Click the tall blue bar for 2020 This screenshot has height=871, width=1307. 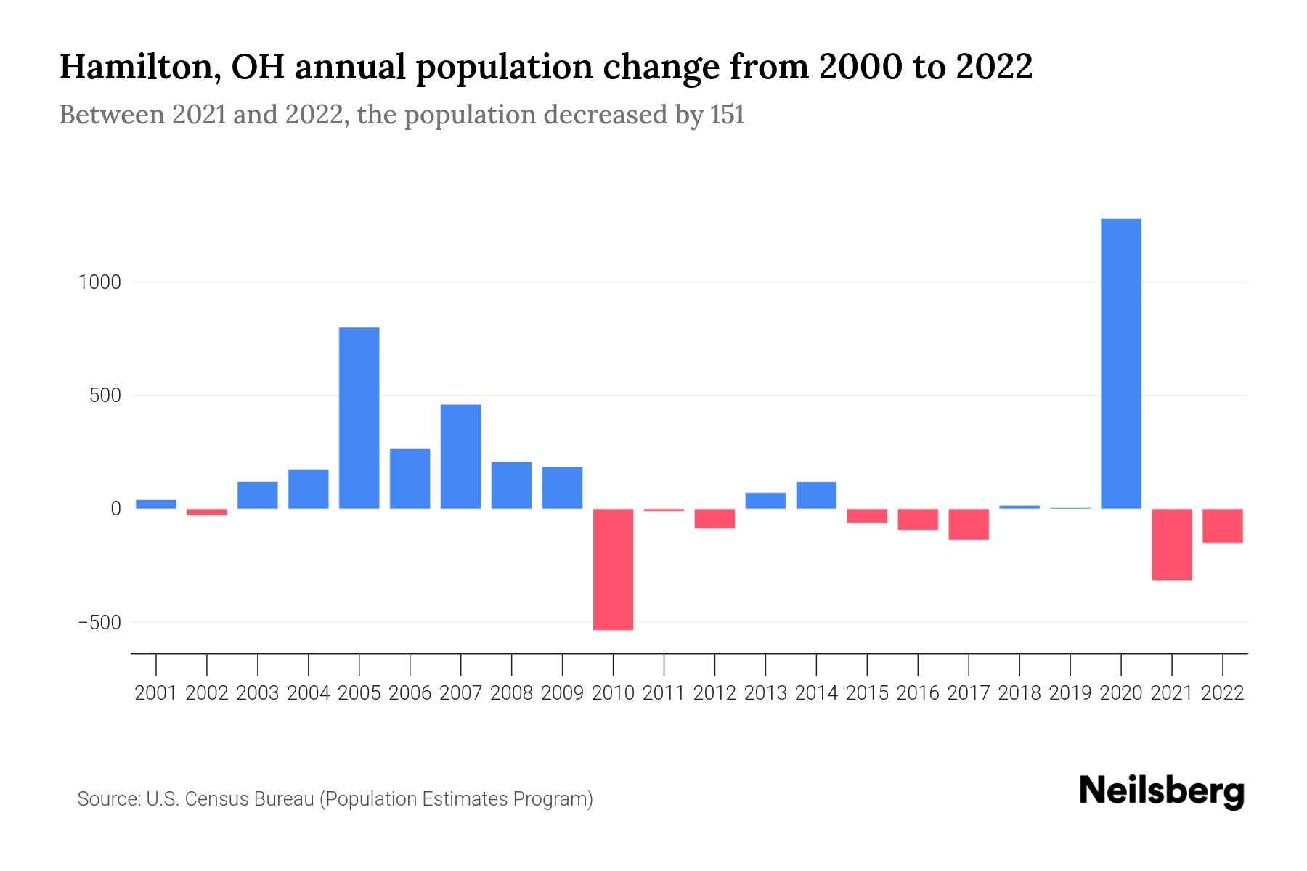pyautogui.click(x=1121, y=363)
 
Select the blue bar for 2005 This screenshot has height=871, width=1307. pyautogui.click(x=359, y=417)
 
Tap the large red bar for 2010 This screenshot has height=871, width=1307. pyautogui.click(x=613, y=569)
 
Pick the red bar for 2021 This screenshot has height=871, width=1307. pyautogui.click(x=1172, y=544)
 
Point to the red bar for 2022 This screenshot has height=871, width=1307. pyautogui.click(x=1223, y=526)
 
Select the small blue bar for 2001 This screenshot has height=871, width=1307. pyautogui.click(x=156, y=504)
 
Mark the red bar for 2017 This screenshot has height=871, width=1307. pyautogui.click(x=969, y=524)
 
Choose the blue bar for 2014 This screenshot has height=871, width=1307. pyautogui.click(x=816, y=495)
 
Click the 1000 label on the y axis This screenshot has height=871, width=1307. pyautogui.click(x=99, y=282)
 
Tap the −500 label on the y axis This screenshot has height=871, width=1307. pyautogui.click(x=99, y=623)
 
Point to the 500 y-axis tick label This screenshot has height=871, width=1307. pyautogui.click(x=105, y=396)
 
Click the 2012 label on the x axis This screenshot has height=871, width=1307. pyautogui.click(x=714, y=693)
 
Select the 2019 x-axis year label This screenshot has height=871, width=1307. pyautogui.click(x=1070, y=693)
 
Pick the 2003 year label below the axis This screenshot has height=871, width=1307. pyautogui.click(x=258, y=693)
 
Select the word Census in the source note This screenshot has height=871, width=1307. pyautogui.click(x=213, y=799)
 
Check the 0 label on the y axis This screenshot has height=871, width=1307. pyautogui.click(x=115, y=510)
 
